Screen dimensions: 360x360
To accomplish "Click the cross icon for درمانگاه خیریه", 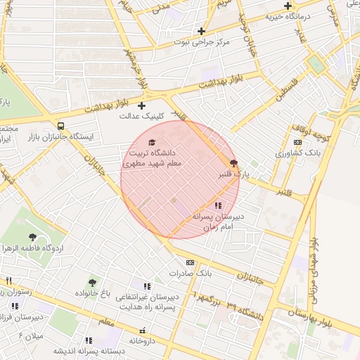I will (288, 6).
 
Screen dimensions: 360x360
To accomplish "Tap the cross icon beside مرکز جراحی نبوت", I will (202, 31).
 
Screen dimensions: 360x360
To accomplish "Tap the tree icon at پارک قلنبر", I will (234, 162).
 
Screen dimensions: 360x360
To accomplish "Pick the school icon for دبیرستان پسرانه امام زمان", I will (217, 206).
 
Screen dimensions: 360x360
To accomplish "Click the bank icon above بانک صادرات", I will (190, 262).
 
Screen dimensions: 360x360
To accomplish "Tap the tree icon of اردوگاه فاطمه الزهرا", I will (32, 237).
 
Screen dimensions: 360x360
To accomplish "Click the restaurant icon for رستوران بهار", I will (9, 281).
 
